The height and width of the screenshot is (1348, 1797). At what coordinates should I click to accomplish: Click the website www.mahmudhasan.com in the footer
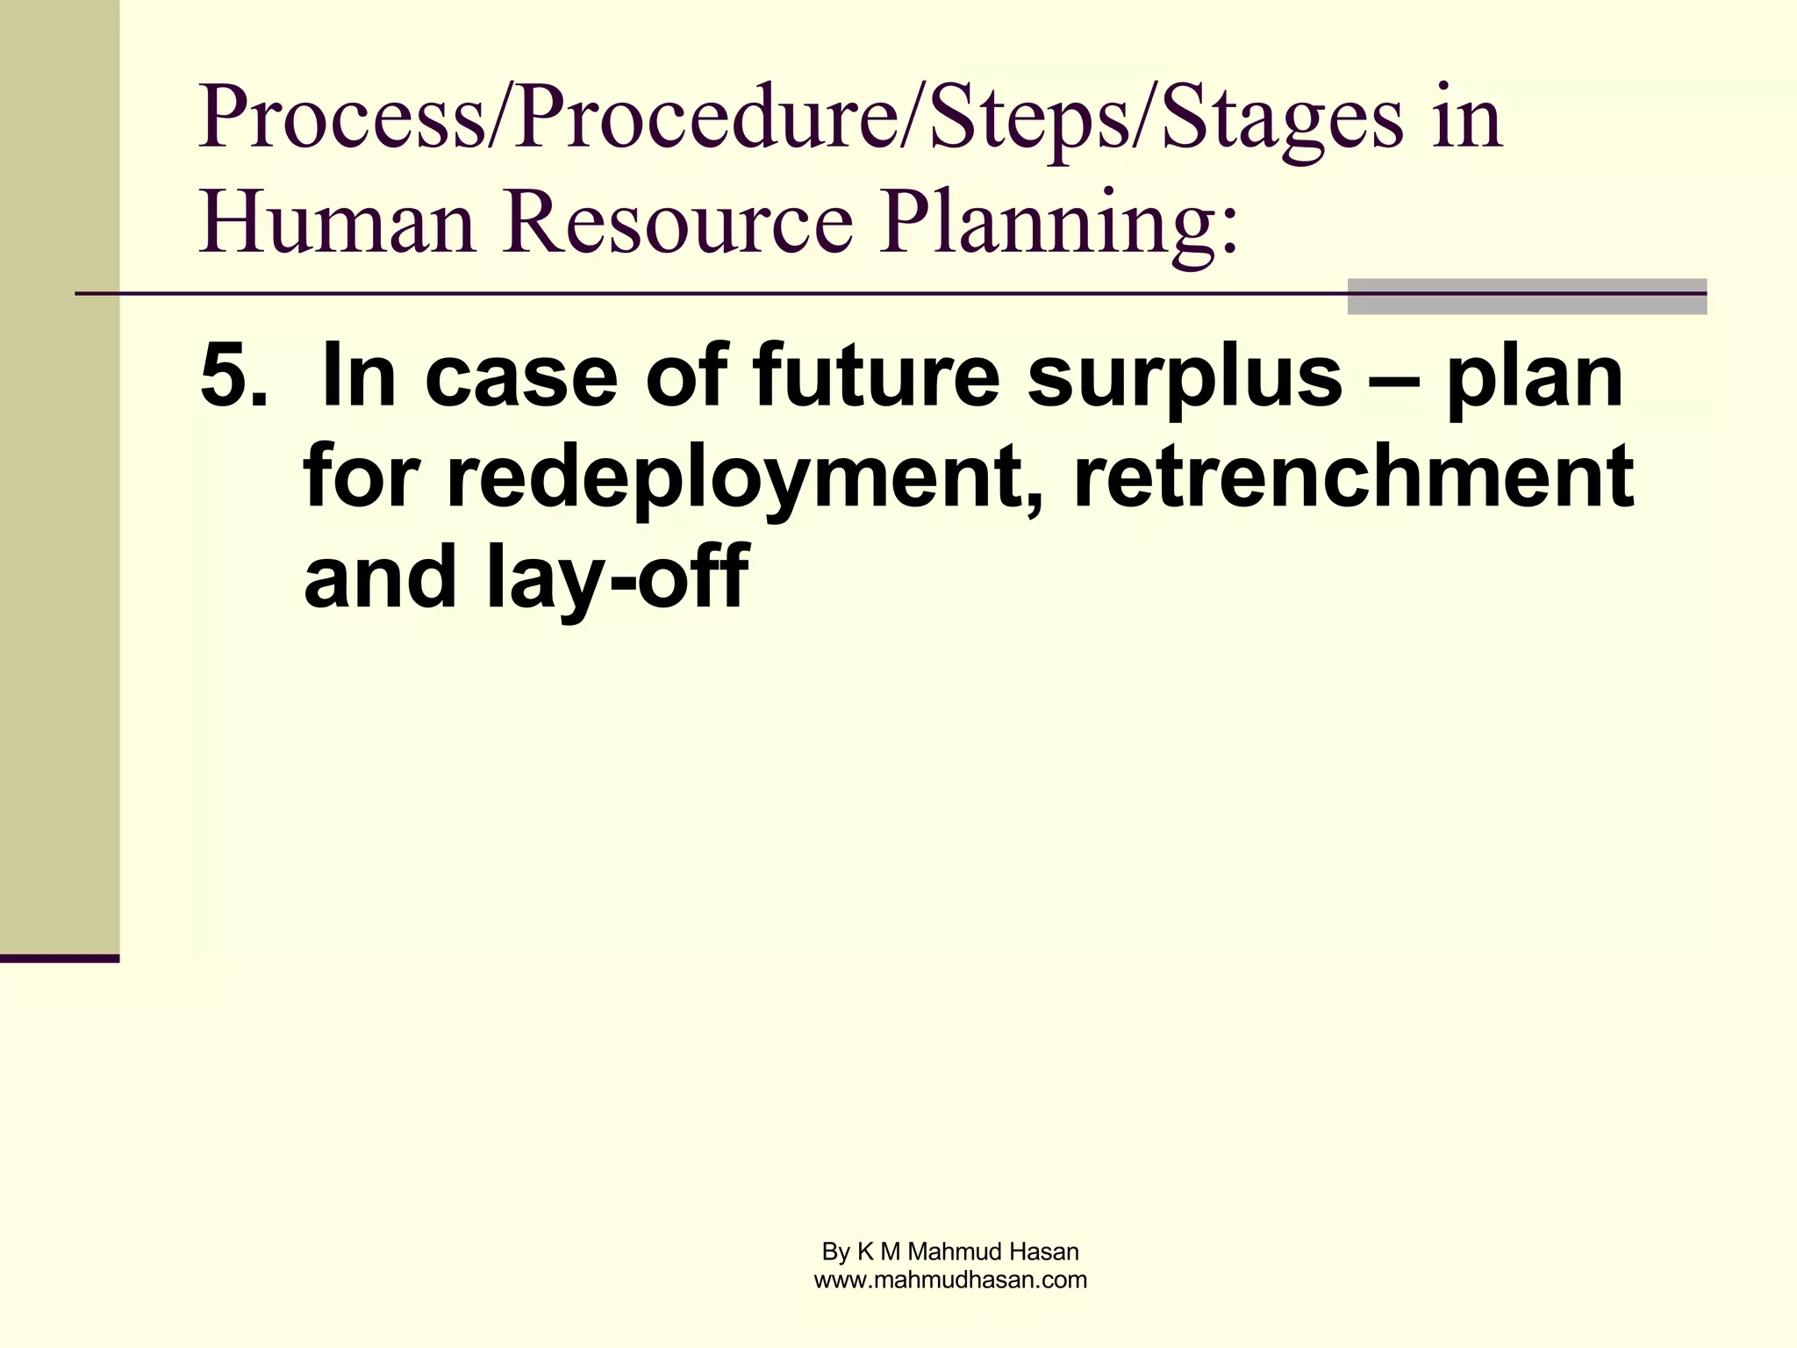tap(950, 1280)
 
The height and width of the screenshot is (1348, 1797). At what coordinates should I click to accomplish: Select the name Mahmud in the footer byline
tap(956, 1251)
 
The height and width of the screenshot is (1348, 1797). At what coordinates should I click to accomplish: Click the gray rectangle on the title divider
tap(1526, 296)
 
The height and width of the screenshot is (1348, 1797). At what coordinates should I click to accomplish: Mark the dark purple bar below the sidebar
tap(59, 957)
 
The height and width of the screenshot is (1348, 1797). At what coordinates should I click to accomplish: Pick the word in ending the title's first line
tap(1468, 119)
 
